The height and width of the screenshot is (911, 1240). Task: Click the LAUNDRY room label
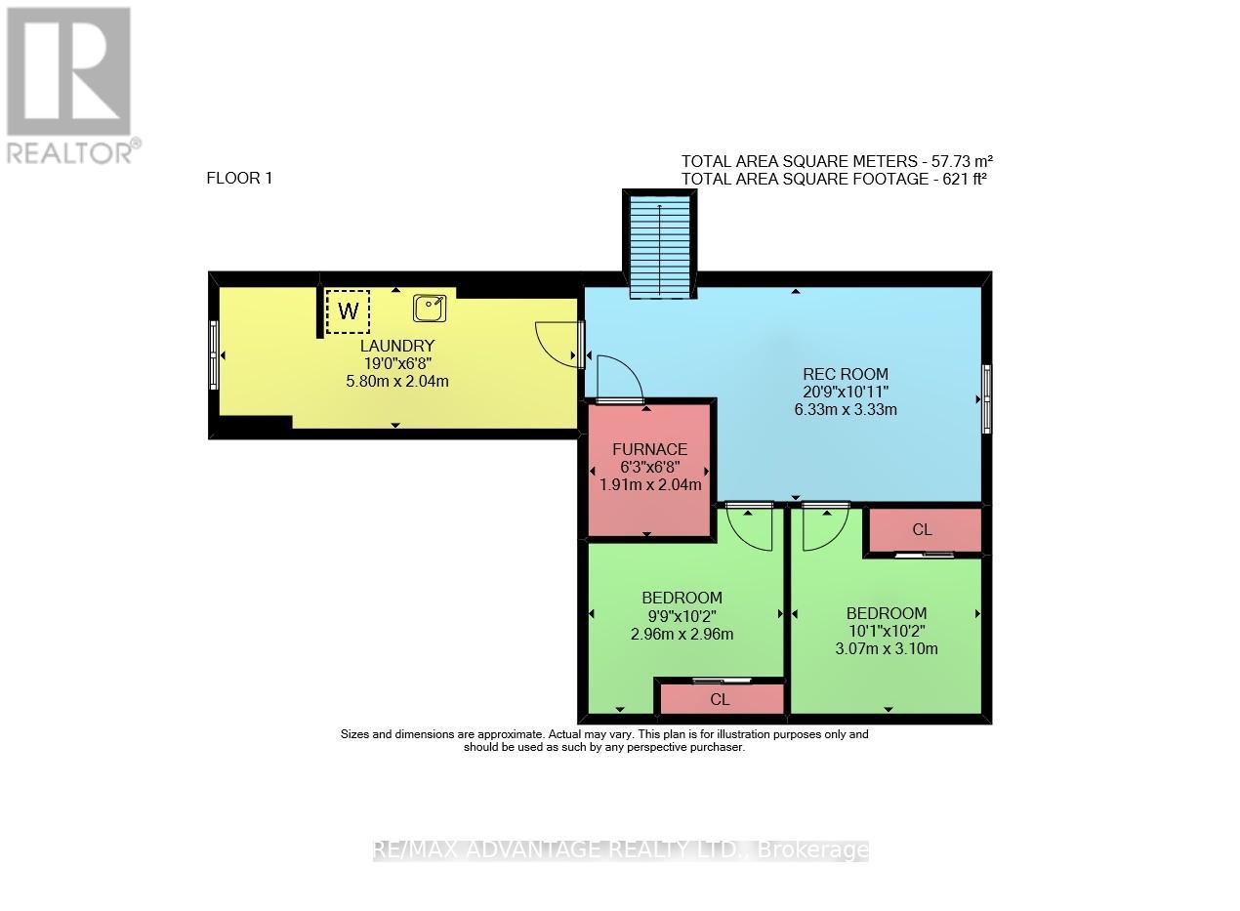[396, 346]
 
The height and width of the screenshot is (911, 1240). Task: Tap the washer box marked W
[348, 311]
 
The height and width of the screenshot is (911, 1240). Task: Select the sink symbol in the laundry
[430, 309]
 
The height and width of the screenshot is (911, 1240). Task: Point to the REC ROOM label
[846, 373]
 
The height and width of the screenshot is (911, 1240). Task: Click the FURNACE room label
[649, 449]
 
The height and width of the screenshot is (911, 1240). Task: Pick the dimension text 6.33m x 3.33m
[846, 410]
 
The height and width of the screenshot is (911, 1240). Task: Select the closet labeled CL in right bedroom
[922, 530]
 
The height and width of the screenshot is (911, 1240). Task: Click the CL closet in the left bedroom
[720, 699]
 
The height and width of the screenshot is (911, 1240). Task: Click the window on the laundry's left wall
[214, 355]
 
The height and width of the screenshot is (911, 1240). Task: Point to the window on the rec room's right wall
[986, 398]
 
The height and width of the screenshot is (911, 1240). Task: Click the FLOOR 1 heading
[239, 178]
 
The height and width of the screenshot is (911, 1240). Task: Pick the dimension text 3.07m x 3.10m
[887, 648]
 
